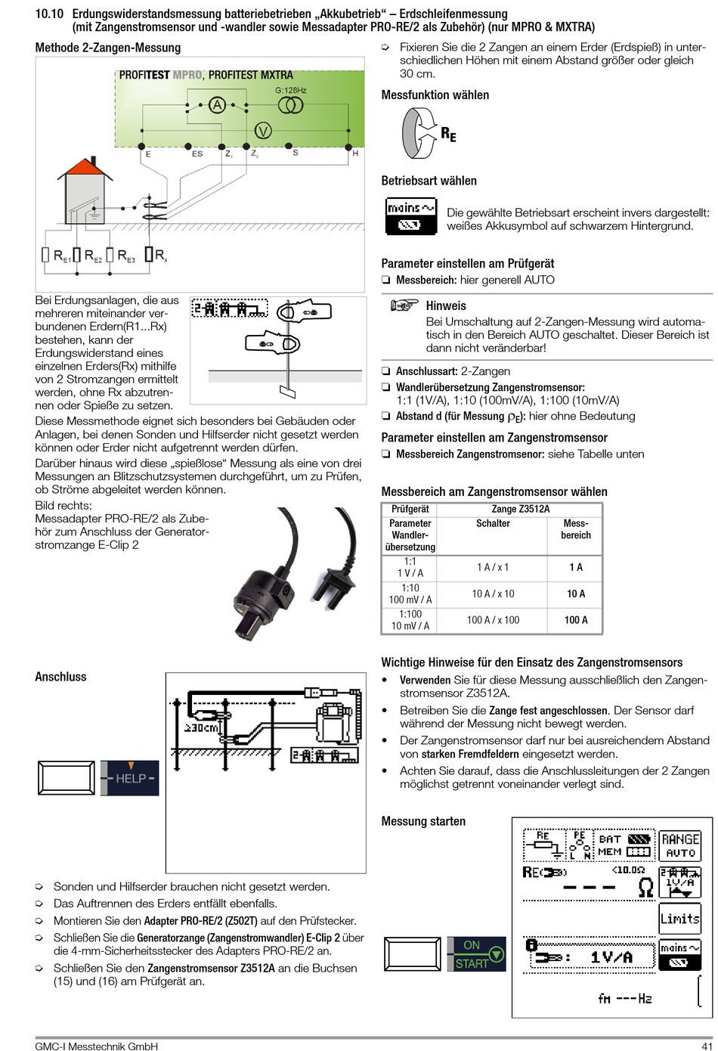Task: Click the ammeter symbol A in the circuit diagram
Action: [x=218, y=106]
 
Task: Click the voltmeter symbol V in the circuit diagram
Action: [x=262, y=131]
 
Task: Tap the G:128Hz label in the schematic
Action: [x=290, y=90]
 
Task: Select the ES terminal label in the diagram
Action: [x=197, y=153]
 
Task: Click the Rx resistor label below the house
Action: [x=159, y=256]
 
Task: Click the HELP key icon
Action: [x=130, y=778]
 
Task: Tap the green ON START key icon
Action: [x=475, y=954]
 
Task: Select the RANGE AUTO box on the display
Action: [x=680, y=845]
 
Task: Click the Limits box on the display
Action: [x=679, y=919]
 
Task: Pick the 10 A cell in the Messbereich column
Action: [x=576, y=594]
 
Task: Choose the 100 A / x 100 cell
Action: [x=493, y=620]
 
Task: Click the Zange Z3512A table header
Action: [x=520, y=509]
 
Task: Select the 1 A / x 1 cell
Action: [x=493, y=567]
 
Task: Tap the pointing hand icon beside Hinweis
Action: [x=404, y=305]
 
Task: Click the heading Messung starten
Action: [x=423, y=821]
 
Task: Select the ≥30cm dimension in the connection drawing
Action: [x=202, y=728]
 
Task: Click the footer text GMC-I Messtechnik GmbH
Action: [x=97, y=1046]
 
